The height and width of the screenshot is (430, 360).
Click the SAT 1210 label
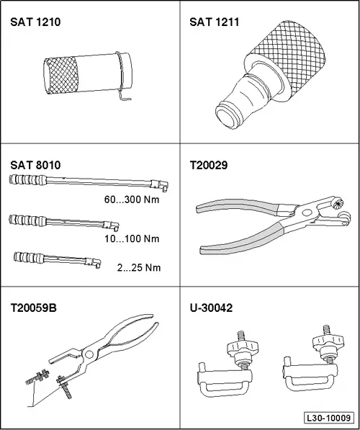[x=35, y=22]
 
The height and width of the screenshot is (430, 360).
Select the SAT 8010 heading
[x=35, y=165]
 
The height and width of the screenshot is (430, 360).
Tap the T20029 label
[x=208, y=165]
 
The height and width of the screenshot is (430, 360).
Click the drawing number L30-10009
[x=328, y=417]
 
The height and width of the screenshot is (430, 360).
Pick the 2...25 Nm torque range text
[x=138, y=267]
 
